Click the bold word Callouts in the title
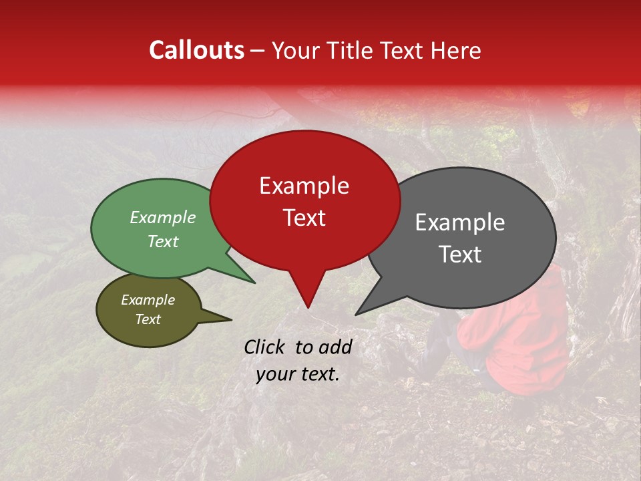196,50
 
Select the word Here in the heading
456,51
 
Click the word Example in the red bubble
304,186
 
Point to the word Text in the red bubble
304,218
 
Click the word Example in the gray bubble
460,222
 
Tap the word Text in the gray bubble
461,255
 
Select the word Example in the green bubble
163,218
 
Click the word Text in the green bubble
163,242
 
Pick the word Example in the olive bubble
148,300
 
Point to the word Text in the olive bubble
148,319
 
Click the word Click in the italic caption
266,347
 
